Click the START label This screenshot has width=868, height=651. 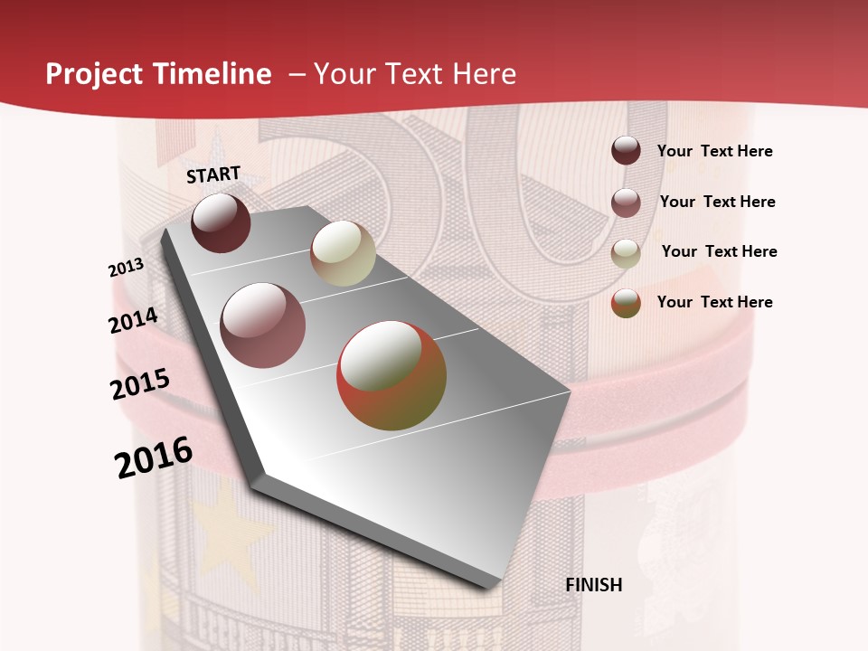click(213, 175)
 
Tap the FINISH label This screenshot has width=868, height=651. click(594, 585)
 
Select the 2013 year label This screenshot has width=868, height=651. click(127, 268)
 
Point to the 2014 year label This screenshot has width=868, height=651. click(134, 321)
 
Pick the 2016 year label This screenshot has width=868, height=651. click(154, 457)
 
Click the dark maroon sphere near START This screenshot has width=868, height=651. click(221, 222)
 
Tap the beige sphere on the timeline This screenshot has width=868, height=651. click(343, 253)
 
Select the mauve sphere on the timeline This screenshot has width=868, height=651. click(262, 325)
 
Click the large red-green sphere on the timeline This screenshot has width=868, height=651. click(392, 375)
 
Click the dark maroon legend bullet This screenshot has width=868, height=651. click(626, 151)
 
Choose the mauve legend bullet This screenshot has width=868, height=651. click(626, 203)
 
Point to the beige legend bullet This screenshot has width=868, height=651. click(626, 253)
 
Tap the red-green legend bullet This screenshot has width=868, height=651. click(626, 304)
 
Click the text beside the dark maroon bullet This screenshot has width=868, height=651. click(715, 151)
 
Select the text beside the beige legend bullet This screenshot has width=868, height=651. click(719, 251)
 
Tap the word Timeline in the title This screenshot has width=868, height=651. click(212, 74)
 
